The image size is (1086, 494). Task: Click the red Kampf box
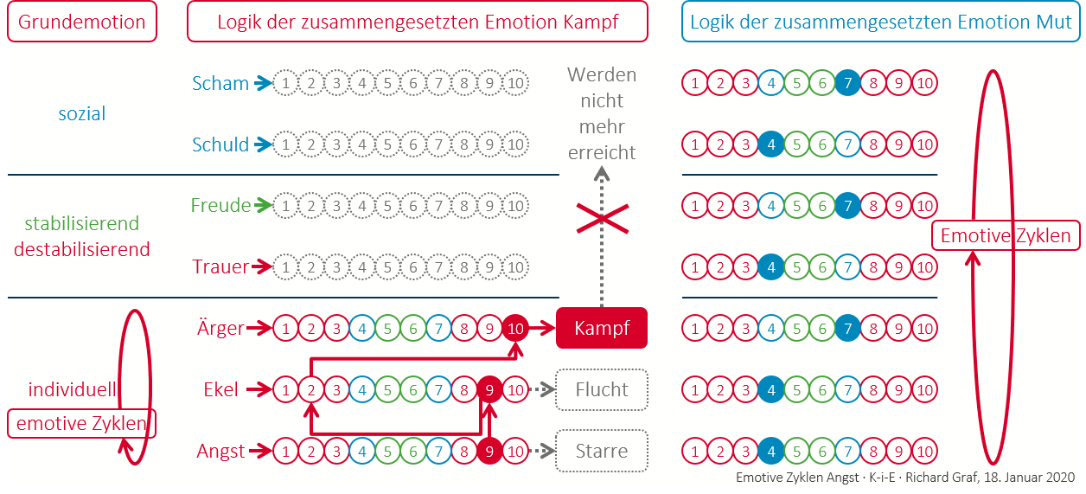(602, 329)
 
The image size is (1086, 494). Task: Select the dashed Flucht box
(602, 389)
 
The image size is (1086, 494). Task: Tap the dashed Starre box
(602, 451)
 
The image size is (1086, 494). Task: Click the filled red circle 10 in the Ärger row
(516, 329)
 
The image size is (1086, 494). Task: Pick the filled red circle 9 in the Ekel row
(490, 389)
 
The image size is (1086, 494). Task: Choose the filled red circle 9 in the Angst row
(490, 451)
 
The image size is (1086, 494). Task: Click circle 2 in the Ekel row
(310, 389)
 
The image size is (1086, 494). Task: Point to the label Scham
(220, 84)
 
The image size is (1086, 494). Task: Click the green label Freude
(220, 206)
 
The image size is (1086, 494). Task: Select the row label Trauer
(220, 267)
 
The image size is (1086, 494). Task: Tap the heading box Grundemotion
(82, 22)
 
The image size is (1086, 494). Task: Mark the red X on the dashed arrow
(602, 222)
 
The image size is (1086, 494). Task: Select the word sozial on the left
(82, 113)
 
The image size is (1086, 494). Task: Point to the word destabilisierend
(82, 249)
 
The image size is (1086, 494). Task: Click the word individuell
(73, 388)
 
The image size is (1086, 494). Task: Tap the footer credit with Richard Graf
(904, 478)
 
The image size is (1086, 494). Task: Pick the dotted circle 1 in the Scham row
(285, 84)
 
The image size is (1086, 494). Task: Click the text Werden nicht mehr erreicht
(602, 113)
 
